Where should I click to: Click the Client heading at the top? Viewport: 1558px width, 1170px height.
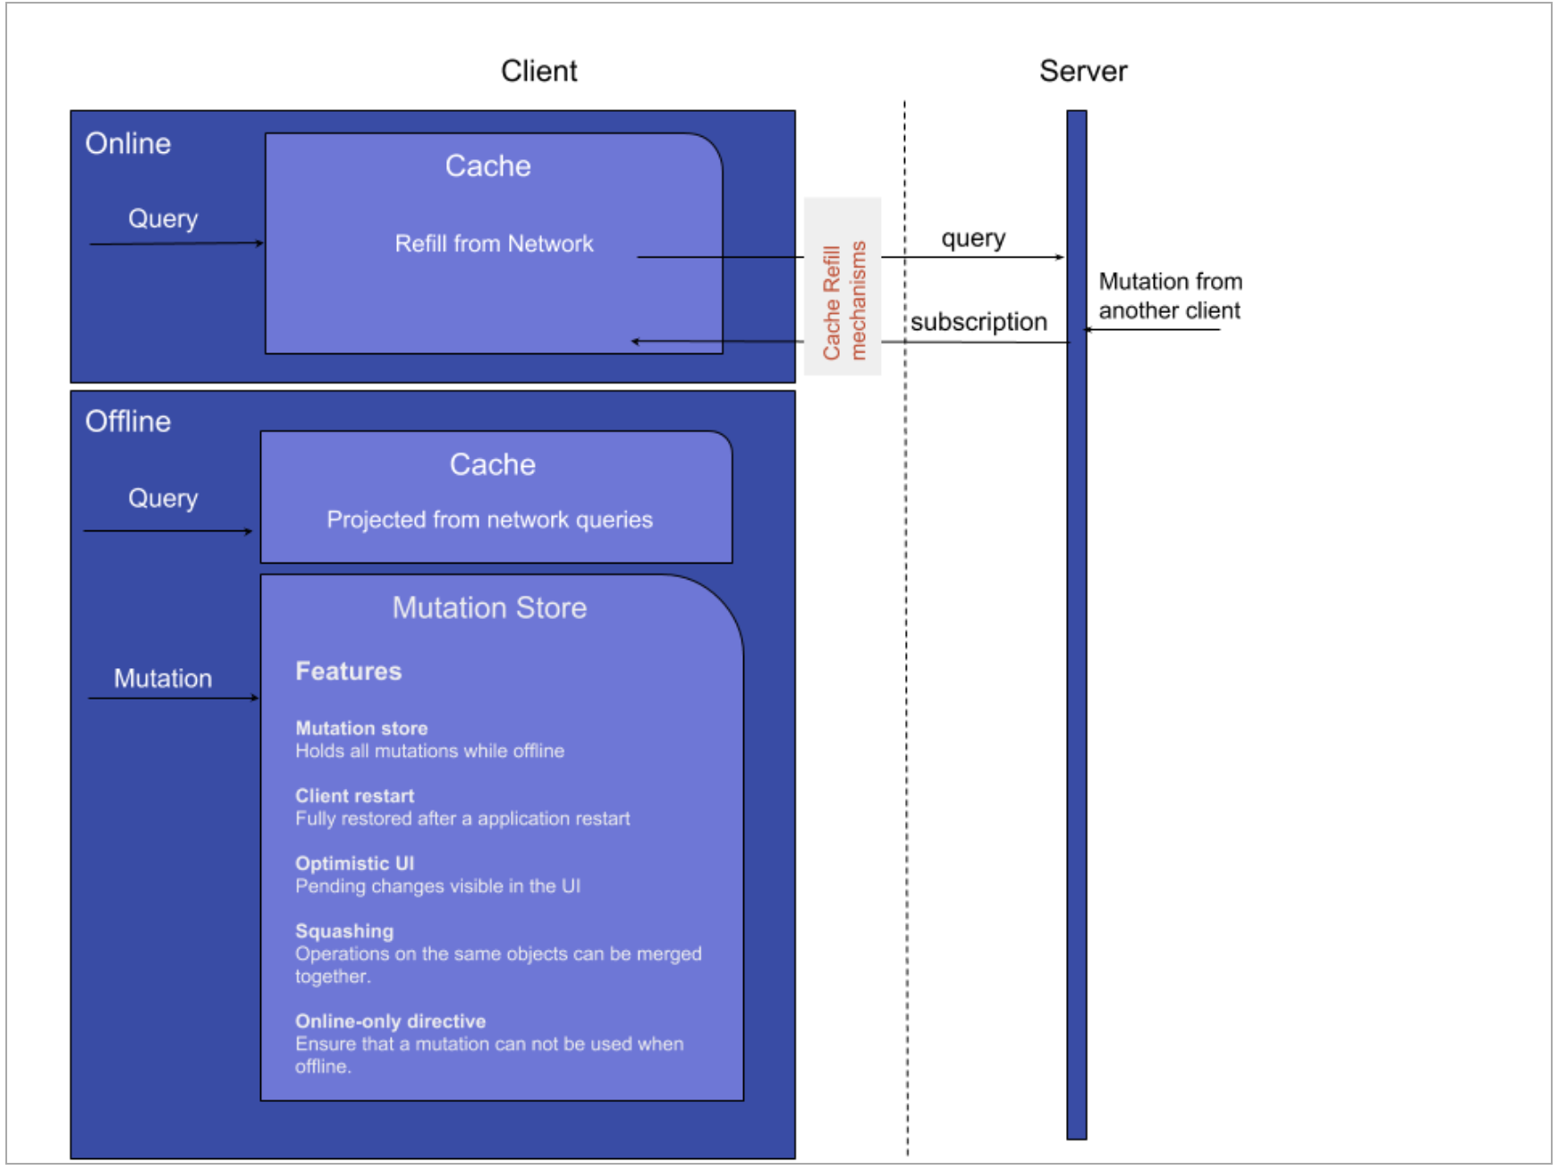click(538, 71)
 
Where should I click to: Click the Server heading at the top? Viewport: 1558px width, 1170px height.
click(1082, 71)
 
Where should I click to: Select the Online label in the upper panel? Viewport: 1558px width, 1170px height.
click(128, 143)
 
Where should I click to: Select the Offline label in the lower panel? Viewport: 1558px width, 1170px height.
click(128, 421)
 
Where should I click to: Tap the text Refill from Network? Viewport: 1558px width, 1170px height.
click(494, 243)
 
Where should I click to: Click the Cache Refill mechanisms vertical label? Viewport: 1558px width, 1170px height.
click(843, 301)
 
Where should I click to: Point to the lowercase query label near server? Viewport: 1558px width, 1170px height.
click(973, 239)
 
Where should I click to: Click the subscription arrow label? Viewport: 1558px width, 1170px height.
click(978, 322)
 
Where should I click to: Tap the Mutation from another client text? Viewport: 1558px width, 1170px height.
click(1170, 296)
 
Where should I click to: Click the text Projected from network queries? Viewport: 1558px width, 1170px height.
click(489, 520)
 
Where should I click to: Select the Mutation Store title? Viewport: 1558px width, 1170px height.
click(489, 608)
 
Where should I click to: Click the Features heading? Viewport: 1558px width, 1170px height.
click(348, 671)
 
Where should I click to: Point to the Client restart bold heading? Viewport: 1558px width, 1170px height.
click(354, 796)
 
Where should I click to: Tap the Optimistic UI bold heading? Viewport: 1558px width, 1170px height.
click(354, 863)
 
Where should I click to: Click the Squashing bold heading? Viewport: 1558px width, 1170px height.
click(344, 931)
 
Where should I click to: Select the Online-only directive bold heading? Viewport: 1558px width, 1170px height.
click(390, 1021)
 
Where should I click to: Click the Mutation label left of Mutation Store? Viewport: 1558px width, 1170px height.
click(163, 678)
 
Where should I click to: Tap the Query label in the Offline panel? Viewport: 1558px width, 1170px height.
click(163, 498)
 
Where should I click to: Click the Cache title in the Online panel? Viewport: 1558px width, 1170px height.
click(487, 166)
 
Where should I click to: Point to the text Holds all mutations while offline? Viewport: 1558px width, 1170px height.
click(429, 751)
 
